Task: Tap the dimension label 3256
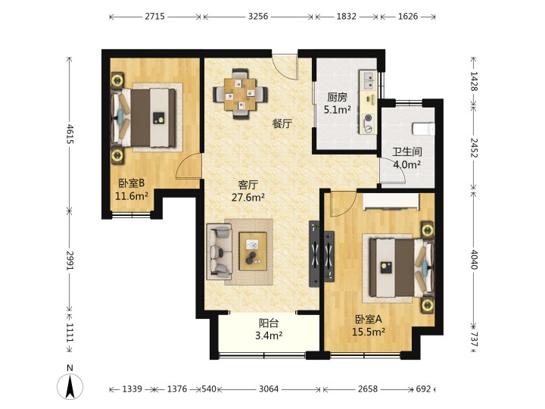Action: (x=258, y=17)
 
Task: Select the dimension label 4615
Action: (x=70, y=134)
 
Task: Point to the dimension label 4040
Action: (x=474, y=260)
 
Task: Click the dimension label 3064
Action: (x=269, y=389)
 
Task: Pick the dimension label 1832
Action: (x=346, y=17)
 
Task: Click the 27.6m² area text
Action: (x=248, y=198)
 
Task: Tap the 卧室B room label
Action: (x=132, y=183)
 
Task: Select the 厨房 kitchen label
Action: (x=337, y=97)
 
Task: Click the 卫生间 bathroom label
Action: (x=407, y=151)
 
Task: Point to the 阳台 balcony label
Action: (x=269, y=323)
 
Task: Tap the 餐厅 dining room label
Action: (x=282, y=123)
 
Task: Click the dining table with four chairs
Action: (x=241, y=94)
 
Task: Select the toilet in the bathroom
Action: (x=423, y=129)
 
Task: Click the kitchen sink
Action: (x=368, y=80)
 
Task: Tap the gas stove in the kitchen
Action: (x=368, y=123)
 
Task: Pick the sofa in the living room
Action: (x=220, y=251)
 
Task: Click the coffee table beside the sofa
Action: (x=253, y=251)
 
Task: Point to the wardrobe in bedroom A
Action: (x=391, y=201)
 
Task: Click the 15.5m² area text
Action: (x=369, y=333)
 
